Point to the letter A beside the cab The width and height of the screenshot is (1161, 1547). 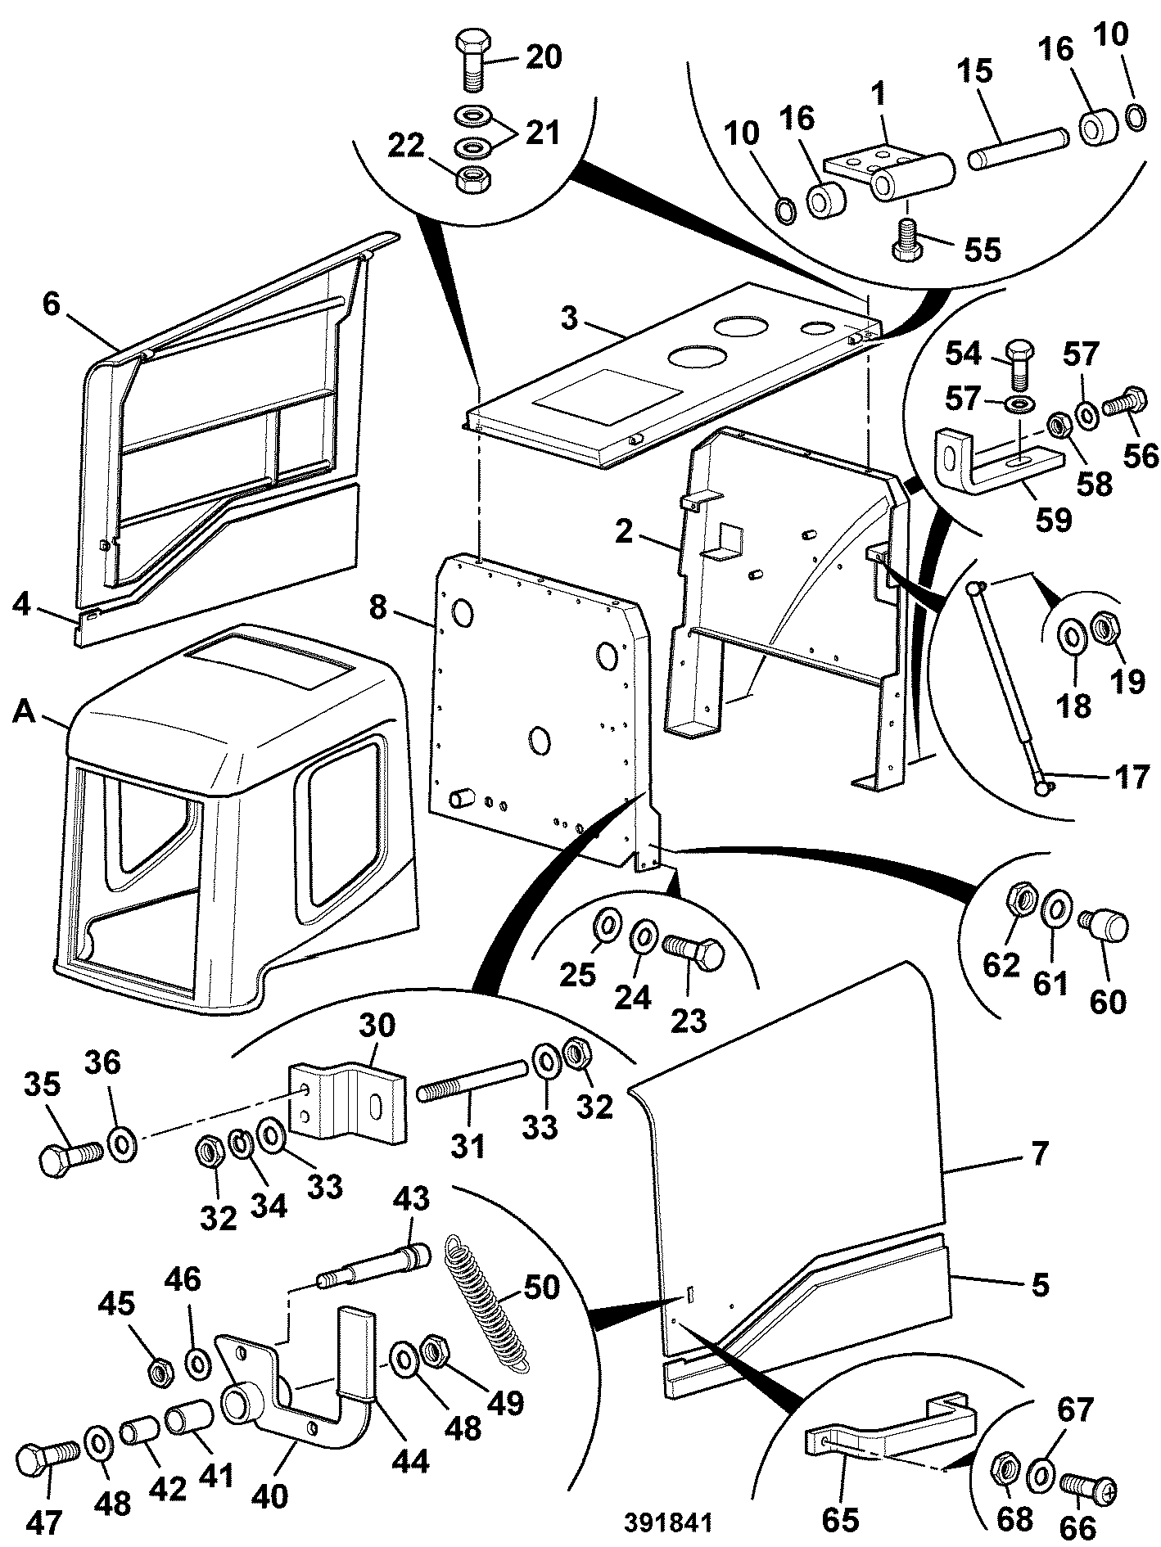click(x=25, y=715)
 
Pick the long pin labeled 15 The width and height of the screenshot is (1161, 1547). click(x=1017, y=147)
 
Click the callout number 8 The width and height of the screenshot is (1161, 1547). click(x=377, y=610)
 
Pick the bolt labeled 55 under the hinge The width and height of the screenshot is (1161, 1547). click(x=906, y=239)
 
